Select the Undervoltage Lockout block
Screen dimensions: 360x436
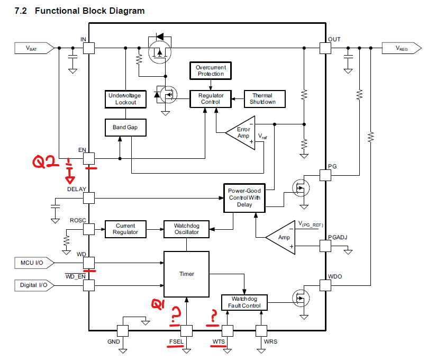coord(125,99)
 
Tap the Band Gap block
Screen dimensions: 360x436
coord(125,128)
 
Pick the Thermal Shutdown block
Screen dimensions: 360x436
coord(263,99)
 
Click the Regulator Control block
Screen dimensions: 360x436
coord(211,99)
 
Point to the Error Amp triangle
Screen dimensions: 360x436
coord(241,132)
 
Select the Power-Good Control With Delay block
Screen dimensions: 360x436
coord(244,197)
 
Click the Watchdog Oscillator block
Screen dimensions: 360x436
coord(187,229)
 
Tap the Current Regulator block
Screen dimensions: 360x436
coord(125,229)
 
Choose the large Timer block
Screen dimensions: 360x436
coord(187,274)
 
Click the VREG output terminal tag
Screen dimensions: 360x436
coord(402,48)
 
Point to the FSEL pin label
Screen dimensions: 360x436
coord(176,341)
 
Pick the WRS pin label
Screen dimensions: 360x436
coord(270,341)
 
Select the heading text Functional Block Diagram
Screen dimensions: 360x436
coord(89,11)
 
